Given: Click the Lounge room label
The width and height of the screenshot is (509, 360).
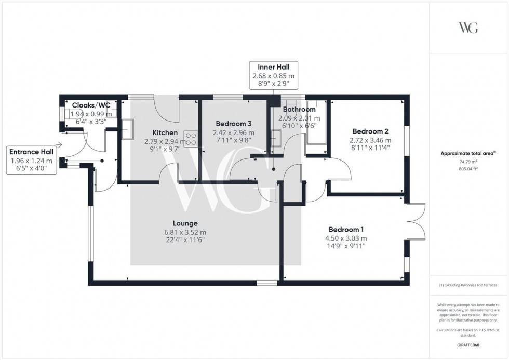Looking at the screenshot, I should pos(185,223).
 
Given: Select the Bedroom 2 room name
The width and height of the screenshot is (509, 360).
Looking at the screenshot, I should pos(370,131).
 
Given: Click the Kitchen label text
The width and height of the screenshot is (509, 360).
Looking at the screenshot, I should pos(165,132).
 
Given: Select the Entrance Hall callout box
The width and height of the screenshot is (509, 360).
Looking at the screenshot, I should pos(32,161).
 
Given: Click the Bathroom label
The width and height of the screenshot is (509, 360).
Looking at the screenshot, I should pos(299,110).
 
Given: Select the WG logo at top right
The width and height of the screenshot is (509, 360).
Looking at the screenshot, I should pos(468,28).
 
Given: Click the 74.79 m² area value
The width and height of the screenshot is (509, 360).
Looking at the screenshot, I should pos(468,162).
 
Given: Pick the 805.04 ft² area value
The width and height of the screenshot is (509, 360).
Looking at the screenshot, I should pos(468,169).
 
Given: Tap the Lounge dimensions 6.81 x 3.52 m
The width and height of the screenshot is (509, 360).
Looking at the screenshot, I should pos(185,232).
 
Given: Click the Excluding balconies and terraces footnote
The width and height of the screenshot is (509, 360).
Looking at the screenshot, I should pos(468,285).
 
